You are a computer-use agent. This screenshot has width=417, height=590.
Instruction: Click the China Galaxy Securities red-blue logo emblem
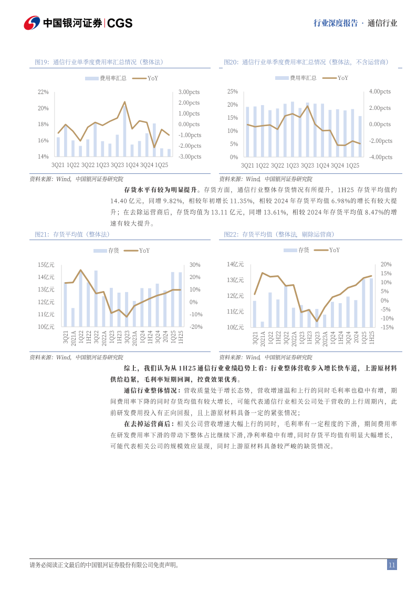coord(32,23)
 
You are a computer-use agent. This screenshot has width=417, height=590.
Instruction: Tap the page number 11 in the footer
coord(392,565)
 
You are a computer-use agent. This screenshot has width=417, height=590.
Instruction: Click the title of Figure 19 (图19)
coord(98,62)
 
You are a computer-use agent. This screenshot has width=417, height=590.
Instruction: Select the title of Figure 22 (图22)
coord(279,234)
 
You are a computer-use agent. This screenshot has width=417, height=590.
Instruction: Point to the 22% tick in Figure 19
coord(43,92)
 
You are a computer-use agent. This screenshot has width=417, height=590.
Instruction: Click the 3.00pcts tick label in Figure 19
coord(189,92)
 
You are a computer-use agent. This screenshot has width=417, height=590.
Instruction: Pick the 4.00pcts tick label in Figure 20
coord(380,91)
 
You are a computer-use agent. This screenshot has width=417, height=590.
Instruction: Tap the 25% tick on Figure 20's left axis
coord(233,91)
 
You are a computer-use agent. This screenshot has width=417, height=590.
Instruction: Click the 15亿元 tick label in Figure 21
coord(46,264)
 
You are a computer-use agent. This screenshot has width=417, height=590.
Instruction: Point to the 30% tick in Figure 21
coord(195,265)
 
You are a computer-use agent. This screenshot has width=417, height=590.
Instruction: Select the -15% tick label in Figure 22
coord(372,327)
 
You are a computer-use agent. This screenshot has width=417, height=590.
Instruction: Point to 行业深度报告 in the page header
coord(335,23)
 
